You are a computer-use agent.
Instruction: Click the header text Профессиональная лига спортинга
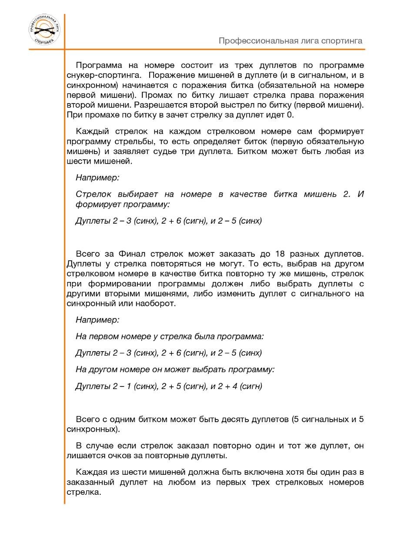[x=290, y=41]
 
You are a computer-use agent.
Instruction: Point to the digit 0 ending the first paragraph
[x=291, y=115]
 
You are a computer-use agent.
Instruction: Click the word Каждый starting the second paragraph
[x=90, y=131]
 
